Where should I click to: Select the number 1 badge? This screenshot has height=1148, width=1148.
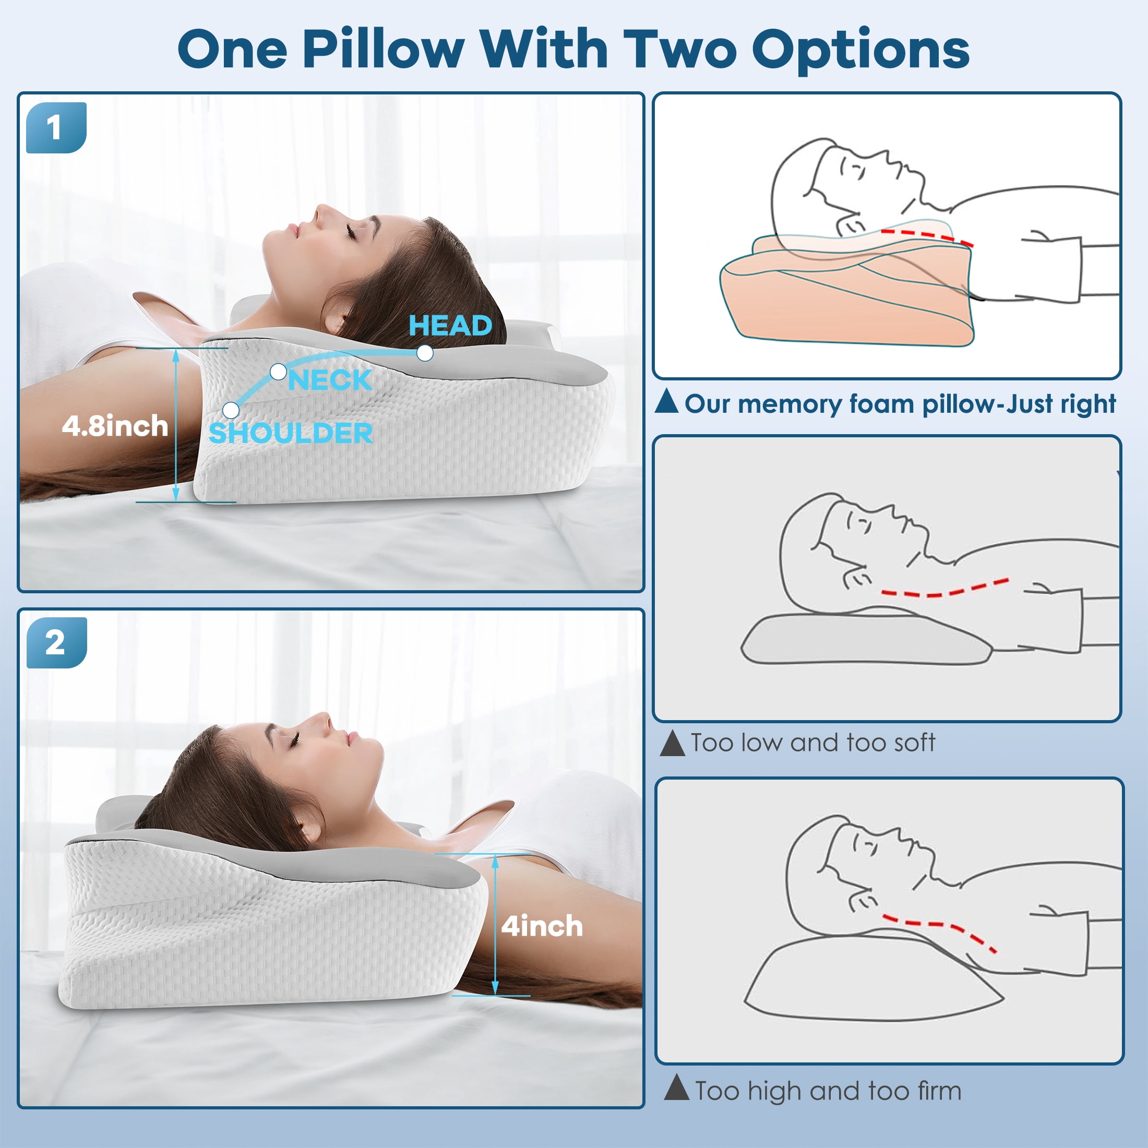56,128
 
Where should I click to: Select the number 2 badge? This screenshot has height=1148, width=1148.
56,643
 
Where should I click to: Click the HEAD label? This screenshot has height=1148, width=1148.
450,326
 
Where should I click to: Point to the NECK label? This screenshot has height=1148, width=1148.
330,380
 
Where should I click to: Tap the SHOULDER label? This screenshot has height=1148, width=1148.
291,433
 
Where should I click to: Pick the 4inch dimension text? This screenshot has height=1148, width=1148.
542,926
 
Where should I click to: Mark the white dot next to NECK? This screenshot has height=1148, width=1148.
278,373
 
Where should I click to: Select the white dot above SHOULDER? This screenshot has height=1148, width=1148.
231,411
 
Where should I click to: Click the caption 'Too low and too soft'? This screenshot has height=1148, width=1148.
813,743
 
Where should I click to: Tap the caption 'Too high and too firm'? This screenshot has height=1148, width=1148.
828,1091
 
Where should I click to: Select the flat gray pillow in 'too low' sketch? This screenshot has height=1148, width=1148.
866,640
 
